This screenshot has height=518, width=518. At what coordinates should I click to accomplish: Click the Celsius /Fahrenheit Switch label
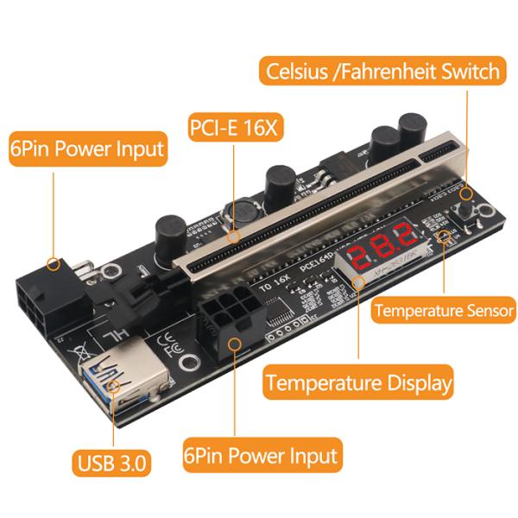click(x=383, y=71)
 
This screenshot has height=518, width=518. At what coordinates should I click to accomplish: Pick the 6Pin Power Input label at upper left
click(x=86, y=148)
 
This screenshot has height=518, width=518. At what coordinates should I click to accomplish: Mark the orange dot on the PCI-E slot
click(x=232, y=233)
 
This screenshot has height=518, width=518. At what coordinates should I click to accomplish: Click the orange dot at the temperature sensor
click(x=444, y=235)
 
